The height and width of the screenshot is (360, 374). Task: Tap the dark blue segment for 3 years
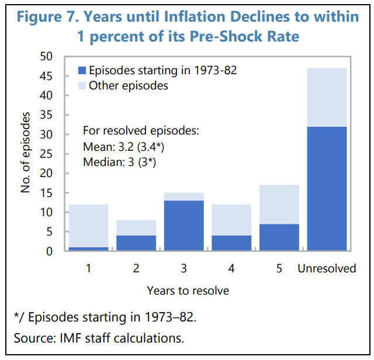click(185, 226)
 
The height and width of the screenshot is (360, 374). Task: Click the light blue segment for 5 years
click(279, 204)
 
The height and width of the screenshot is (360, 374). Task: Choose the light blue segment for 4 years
click(232, 220)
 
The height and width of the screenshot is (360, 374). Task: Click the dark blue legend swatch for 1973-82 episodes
click(82, 71)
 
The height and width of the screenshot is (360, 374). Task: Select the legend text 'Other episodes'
click(129, 86)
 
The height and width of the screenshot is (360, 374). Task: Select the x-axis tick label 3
click(185, 269)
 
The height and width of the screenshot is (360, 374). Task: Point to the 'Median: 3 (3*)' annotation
click(120, 161)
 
